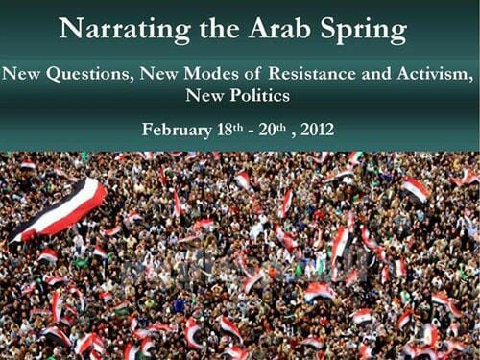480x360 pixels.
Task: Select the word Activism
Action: (x=432, y=73)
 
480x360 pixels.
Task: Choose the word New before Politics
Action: (x=203, y=96)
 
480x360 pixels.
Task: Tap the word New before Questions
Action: (x=26, y=73)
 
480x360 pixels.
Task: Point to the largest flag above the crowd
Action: (x=60, y=205)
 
